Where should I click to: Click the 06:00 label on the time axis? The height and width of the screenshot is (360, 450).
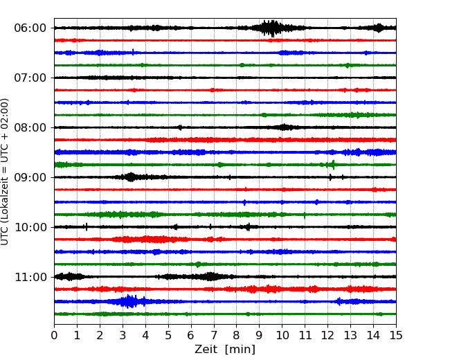pyautogui.click(x=30, y=28)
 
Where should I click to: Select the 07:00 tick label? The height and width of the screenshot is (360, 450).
pyautogui.click(x=30, y=78)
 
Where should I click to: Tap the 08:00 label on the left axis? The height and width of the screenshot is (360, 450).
pyautogui.click(x=30, y=127)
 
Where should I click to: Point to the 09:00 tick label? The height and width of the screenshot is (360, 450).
pyautogui.click(x=30, y=177)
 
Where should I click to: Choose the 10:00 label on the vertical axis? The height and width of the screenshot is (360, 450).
pyautogui.click(x=30, y=227)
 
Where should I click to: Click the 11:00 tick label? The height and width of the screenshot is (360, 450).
pyautogui.click(x=30, y=277)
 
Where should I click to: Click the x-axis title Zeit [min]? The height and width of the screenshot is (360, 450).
pyautogui.click(x=225, y=350)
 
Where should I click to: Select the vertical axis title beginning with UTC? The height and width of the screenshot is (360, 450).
pyautogui.click(x=4, y=172)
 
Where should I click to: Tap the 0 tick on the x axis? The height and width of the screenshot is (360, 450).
pyautogui.click(x=54, y=335)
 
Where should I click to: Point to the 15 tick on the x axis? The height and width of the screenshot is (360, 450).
pyautogui.click(x=396, y=335)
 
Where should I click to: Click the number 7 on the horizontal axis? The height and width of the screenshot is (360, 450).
pyautogui.click(x=214, y=335)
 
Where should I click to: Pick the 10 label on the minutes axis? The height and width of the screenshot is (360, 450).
pyautogui.click(x=282, y=335)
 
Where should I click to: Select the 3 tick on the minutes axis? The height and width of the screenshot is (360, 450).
pyautogui.click(x=123, y=335)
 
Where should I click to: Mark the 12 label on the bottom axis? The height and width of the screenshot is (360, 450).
pyautogui.click(x=327, y=335)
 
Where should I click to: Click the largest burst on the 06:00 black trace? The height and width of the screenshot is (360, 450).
pyautogui.click(x=271, y=28)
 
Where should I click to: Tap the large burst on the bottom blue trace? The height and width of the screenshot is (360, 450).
pyautogui.click(x=129, y=301)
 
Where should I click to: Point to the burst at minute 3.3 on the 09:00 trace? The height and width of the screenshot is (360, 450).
pyautogui.click(x=131, y=177)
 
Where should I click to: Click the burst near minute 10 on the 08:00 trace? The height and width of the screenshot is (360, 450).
pyautogui.click(x=284, y=127)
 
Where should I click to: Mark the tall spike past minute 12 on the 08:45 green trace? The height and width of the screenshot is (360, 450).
pyautogui.click(x=333, y=165)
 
